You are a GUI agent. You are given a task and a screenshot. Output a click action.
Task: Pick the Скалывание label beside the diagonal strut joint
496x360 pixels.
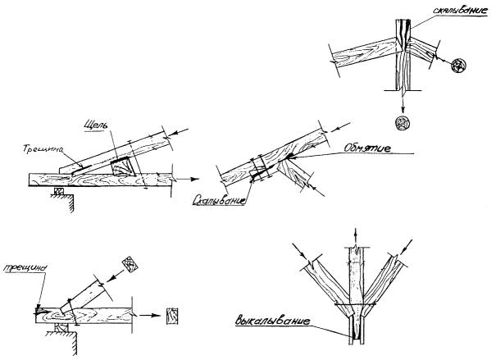tap(223, 198)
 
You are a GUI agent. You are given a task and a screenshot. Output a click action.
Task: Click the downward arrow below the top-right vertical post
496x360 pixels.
tap(403, 103)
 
